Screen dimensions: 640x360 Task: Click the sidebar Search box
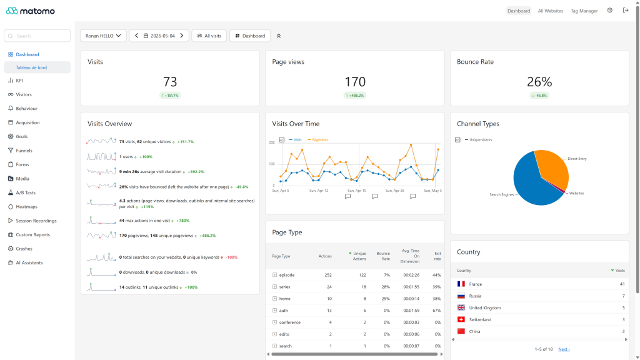coord(37,36)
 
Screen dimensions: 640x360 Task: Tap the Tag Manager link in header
coord(584,11)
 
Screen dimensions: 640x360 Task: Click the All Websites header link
coord(550,11)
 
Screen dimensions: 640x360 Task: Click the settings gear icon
coord(610,11)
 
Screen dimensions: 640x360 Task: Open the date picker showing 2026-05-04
coord(159,36)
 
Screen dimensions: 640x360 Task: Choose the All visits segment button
coord(209,36)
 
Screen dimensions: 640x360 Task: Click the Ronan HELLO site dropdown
coord(103,36)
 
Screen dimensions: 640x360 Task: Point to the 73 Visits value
coord(170,82)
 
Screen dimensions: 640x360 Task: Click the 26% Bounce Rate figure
coord(539,82)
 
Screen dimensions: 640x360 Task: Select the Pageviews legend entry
coord(318,140)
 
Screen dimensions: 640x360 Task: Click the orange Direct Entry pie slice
coord(553,167)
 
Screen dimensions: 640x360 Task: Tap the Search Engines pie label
coord(502,195)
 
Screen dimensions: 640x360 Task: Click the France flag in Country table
coord(461,284)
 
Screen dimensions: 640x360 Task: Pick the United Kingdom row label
coord(485,307)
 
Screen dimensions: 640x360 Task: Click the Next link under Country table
coord(564,349)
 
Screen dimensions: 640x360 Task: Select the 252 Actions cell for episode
coord(328,275)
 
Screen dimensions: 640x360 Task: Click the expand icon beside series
coord(275,287)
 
